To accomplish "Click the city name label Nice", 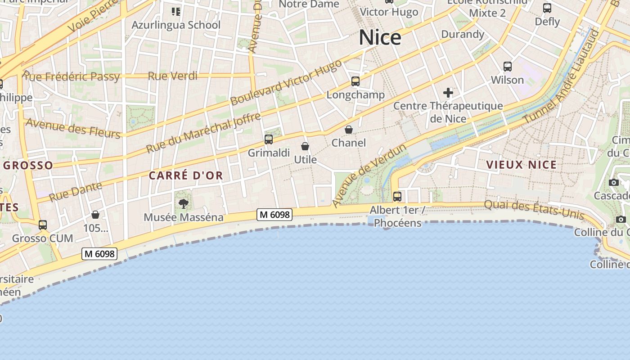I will point(380,37).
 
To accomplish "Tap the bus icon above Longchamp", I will point(355,81).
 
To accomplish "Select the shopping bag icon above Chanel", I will point(349,130).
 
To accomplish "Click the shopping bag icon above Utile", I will point(305,146).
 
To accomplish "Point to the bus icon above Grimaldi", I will point(269,139).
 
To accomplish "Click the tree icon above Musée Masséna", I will point(183,204).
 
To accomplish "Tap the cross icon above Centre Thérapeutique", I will point(448,93).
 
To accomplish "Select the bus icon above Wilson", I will point(508,67).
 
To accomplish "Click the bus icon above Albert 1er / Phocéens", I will point(397,197).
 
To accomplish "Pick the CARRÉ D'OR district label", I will point(186,175).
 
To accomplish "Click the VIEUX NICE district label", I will point(522,165).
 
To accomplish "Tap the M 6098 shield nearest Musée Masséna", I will point(274,215).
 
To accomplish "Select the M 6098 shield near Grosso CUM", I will point(99,254).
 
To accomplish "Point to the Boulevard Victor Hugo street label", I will point(286,82).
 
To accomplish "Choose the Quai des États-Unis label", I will point(534,210).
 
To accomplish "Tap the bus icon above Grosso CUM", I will point(43,225).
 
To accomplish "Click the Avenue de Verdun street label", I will point(369,176).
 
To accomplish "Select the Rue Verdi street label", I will point(173,76).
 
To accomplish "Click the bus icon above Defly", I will point(547,8).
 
